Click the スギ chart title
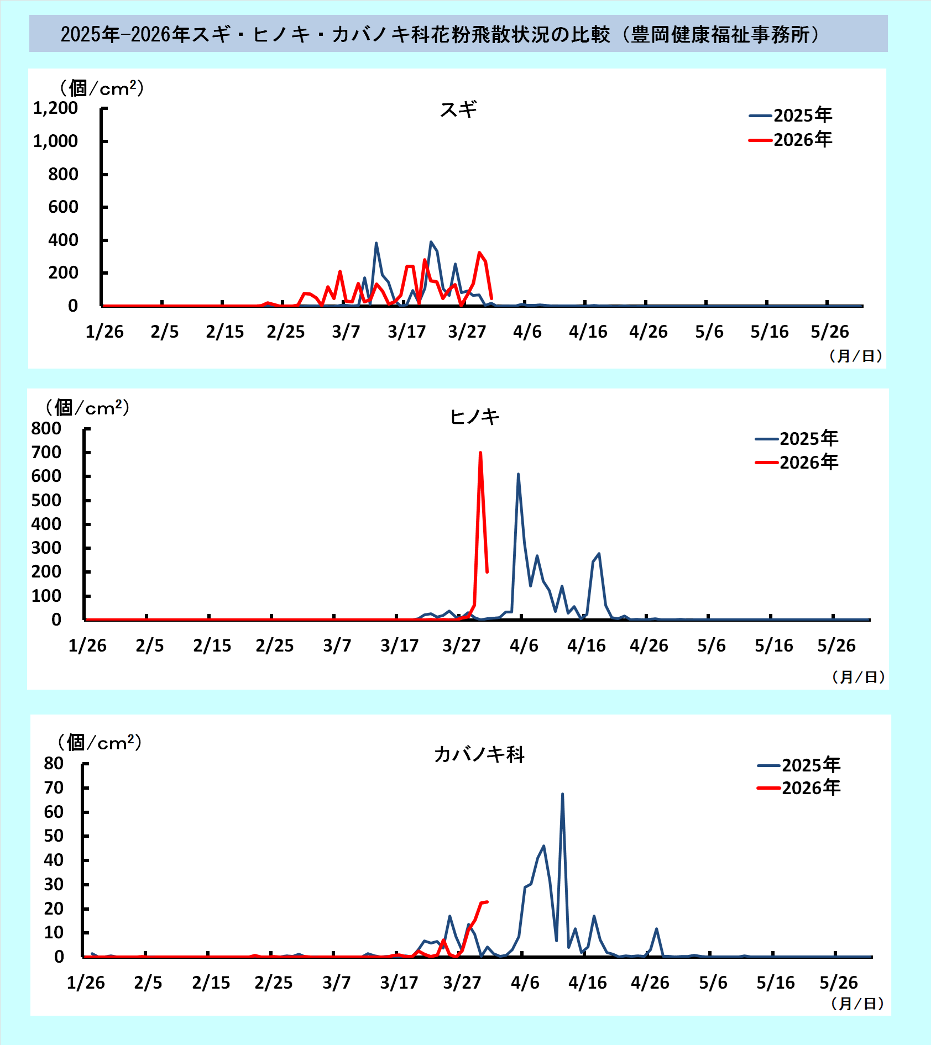458,109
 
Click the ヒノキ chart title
474,417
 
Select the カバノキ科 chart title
479,754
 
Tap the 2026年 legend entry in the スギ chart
791,140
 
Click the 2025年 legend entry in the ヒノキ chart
797,438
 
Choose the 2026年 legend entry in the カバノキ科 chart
799,787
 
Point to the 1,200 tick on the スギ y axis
55,108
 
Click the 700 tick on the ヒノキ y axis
46,453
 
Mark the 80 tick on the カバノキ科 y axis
54,764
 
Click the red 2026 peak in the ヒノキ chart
480,453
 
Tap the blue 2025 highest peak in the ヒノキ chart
518,474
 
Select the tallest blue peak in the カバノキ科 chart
562,794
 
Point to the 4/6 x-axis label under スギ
527,332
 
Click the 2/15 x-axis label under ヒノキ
212,645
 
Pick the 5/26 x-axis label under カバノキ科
838,983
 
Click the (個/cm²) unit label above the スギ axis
102,88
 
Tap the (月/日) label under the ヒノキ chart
858,677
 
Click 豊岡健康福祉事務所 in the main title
721,35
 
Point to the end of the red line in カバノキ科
487,902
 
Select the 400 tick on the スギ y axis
63,240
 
